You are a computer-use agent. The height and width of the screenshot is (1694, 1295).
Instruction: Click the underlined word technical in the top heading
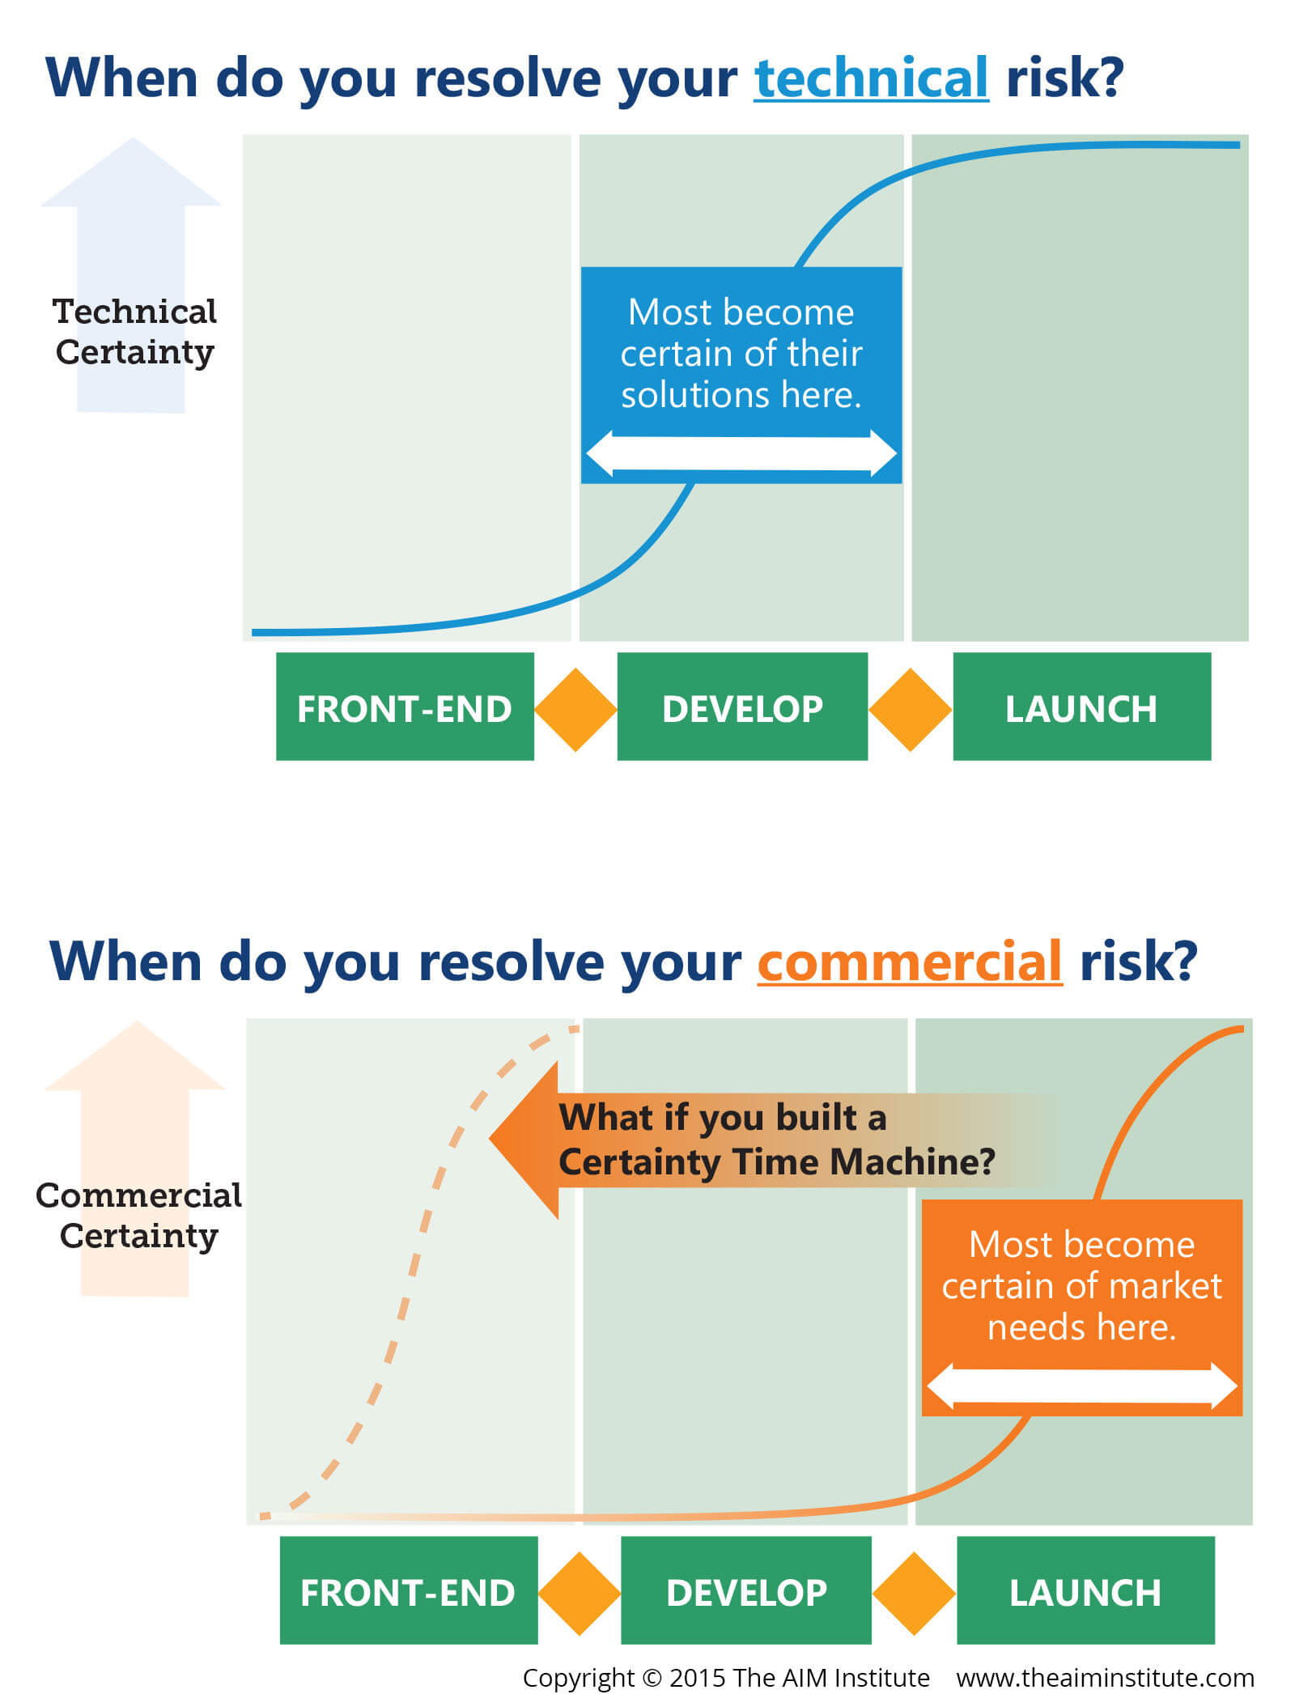(x=871, y=78)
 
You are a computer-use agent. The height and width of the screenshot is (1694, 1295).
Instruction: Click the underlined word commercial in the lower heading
(x=910, y=962)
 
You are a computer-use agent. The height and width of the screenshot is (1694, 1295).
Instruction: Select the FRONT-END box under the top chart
(x=405, y=707)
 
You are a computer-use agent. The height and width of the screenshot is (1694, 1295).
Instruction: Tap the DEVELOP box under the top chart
(x=742, y=707)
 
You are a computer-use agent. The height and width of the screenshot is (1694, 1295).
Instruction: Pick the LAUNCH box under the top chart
(x=1082, y=707)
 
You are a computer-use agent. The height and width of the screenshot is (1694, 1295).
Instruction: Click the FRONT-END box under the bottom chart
(x=409, y=1590)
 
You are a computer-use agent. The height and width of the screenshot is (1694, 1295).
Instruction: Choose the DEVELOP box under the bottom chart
(x=746, y=1590)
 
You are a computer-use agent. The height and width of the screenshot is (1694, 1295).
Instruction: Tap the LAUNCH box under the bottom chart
(x=1086, y=1590)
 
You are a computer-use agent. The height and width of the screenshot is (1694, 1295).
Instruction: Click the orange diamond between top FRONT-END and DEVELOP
(x=575, y=710)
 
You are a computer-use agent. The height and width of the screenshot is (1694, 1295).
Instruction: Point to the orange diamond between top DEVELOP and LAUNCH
(x=911, y=710)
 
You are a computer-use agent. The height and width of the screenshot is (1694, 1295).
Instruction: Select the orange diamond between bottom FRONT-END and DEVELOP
(x=580, y=1594)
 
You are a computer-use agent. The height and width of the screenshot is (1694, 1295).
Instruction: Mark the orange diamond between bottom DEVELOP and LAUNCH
(x=915, y=1594)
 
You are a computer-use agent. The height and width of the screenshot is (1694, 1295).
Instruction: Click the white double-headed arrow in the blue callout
(x=741, y=453)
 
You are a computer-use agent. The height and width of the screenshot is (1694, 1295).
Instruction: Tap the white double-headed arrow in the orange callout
(x=1082, y=1386)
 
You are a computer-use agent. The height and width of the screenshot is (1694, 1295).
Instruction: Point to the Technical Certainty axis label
(x=135, y=332)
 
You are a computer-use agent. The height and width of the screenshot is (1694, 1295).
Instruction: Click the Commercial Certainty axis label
(x=138, y=1216)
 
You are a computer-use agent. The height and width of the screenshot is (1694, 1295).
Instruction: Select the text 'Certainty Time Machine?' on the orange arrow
(x=777, y=1161)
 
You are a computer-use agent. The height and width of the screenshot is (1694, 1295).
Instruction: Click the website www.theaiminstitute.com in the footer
(x=1106, y=1677)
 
